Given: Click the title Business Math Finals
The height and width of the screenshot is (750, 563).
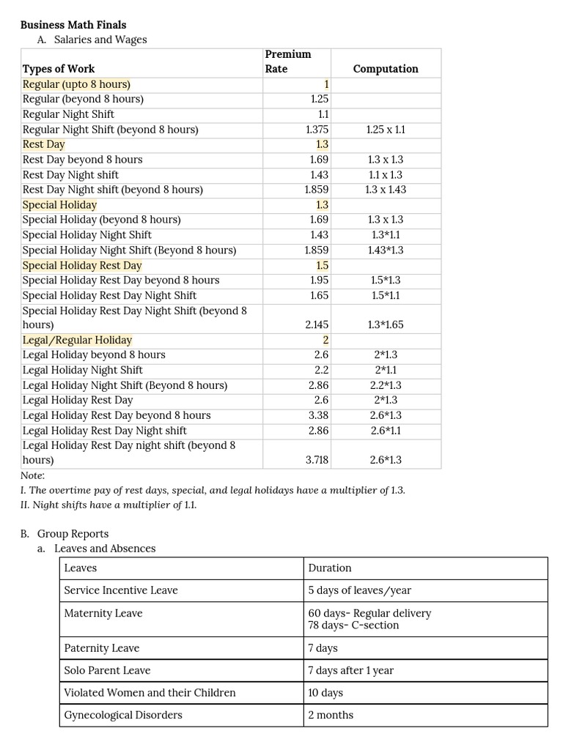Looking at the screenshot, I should [x=73, y=25].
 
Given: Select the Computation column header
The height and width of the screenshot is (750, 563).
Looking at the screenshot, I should [x=386, y=69].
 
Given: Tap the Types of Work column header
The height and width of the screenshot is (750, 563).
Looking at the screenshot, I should [x=59, y=69].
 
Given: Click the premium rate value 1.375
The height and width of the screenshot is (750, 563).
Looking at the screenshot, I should [x=317, y=130].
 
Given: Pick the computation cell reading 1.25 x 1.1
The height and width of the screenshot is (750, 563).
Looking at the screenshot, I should [x=386, y=130].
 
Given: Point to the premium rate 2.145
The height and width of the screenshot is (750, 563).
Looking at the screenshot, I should [x=317, y=324].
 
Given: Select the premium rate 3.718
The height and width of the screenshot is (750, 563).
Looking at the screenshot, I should [x=317, y=460].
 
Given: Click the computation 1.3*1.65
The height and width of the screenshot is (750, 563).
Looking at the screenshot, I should [x=386, y=324].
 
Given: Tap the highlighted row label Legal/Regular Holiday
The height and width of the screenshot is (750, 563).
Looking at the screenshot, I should [x=78, y=340].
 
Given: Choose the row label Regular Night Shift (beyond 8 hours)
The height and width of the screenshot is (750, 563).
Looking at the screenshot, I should [x=111, y=130].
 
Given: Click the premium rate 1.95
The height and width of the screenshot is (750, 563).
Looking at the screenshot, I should [x=319, y=280].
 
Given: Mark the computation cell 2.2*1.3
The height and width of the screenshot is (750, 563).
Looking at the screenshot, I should [x=386, y=385].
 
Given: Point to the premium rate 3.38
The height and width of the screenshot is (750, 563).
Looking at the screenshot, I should [x=319, y=415].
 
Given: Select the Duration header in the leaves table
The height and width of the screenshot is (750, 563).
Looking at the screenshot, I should [x=330, y=568].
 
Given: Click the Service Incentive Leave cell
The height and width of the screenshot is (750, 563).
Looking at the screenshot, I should [x=121, y=590].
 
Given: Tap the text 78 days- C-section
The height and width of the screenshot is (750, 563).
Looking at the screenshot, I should [x=353, y=625].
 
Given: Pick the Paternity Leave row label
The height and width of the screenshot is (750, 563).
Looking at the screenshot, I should [x=102, y=648].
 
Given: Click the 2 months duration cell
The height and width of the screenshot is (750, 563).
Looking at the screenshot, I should [x=331, y=715].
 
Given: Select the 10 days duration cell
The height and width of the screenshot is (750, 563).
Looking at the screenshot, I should [x=325, y=693].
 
